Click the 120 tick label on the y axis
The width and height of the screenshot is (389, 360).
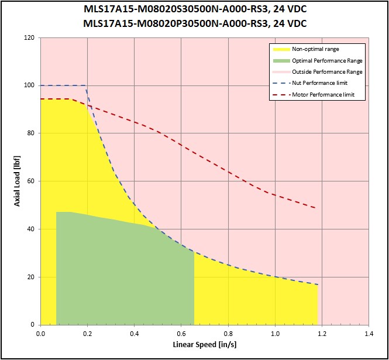(29, 37)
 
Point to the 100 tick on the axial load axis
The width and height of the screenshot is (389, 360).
(29, 85)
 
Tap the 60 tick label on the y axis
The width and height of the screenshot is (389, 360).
(31, 181)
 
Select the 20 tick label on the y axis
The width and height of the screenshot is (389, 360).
(31, 277)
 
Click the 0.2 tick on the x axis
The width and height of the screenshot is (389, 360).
(87, 334)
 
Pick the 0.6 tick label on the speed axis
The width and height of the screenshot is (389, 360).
(181, 334)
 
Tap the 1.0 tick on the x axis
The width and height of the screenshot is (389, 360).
(275, 334)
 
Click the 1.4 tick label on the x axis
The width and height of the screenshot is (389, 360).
(369, 334)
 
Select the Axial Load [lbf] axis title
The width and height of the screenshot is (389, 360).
(17, 181)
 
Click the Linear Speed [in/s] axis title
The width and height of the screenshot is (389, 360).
(205, 345)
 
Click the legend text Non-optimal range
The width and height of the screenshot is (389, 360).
(315, 49)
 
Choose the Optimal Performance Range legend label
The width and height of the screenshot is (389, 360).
(327, 60)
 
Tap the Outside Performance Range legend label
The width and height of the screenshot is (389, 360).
(327, 72)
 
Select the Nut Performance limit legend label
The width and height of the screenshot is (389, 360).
(320, 83)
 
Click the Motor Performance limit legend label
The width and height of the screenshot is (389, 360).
(323, 95)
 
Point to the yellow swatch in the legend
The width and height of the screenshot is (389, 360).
(281, 49)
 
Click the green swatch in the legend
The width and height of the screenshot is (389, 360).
(281, 60)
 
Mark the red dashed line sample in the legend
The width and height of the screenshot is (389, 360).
(281, 95)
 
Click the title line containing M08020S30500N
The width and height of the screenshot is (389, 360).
(195, 9)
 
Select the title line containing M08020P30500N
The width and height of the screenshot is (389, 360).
(195, 23)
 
